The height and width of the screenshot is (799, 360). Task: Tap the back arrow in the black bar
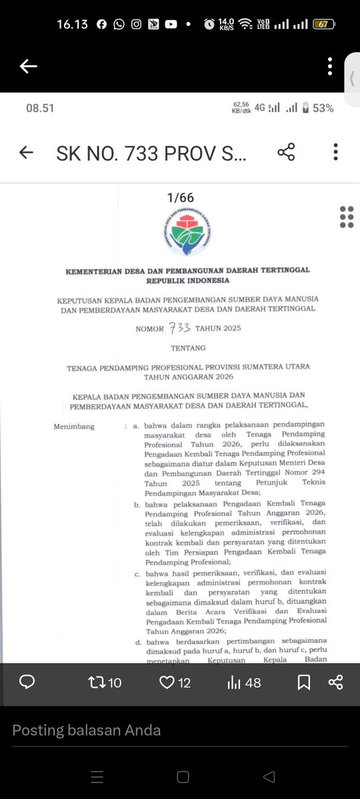[29, 66]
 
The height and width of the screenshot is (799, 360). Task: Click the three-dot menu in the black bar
[330, 66]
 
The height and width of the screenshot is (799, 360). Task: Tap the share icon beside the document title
[286, 153]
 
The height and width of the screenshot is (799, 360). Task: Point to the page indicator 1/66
[180, 198]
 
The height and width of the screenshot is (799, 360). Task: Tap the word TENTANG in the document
[187, 348]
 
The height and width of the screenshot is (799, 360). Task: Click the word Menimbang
[75, 426]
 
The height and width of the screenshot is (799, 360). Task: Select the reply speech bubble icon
[27, 682]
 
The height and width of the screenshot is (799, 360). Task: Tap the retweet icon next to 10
[97, 682]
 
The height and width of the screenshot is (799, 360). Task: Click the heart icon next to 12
[167, 682]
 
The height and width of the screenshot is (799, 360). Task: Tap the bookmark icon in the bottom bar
[303, 682]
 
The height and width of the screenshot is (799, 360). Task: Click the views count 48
[253, 682]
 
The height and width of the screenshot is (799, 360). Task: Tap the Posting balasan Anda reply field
[87, 730]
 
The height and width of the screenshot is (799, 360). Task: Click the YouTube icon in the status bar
[171, 24]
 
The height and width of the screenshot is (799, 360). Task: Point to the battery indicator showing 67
[323, 24]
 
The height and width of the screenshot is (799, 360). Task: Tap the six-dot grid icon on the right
[347, 217]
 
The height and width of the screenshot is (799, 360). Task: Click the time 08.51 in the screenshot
[39, 108]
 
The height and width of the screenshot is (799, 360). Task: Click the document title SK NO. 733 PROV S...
[151, 153]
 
